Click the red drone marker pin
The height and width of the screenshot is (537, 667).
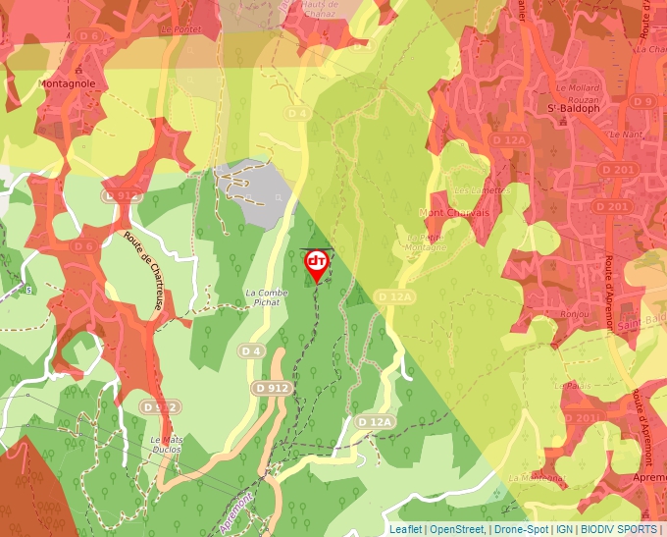point(316,263)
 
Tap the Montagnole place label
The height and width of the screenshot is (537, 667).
point(67,84)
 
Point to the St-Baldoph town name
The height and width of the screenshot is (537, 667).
point(573,108)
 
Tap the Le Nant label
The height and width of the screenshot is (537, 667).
point(624,134)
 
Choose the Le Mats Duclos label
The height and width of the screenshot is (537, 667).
point(168,444)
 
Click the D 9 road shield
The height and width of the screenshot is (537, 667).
point(642,101)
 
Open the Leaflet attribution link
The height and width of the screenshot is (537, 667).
point(405,529)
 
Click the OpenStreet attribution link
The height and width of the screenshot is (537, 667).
point(457,529)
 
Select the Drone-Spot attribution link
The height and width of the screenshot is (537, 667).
point(521,529)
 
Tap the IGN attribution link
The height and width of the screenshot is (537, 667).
point(564,529)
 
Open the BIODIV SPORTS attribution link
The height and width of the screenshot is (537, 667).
point(619,529)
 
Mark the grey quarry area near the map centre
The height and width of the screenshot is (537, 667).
point(257,188)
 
